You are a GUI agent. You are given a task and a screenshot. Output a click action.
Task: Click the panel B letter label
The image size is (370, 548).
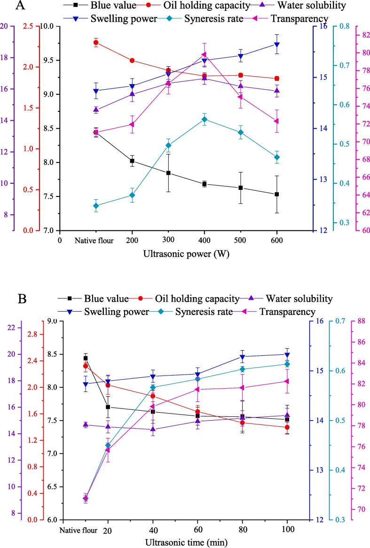[22, 298]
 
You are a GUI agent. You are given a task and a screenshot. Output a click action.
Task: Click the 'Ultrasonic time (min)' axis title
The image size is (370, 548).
[187, 542]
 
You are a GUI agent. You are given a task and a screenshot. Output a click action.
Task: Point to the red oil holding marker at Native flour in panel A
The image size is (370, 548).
[96, 43]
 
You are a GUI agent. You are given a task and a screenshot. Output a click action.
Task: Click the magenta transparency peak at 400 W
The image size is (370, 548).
[204, 55]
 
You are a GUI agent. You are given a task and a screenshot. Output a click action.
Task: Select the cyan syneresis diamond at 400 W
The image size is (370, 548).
[204, 119]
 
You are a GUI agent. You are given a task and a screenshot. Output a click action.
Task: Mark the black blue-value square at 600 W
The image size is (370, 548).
[276, 194]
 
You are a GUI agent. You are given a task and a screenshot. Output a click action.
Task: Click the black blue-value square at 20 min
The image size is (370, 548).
[108, 407]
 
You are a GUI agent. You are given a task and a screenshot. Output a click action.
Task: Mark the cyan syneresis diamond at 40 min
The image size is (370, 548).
[153, 388]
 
